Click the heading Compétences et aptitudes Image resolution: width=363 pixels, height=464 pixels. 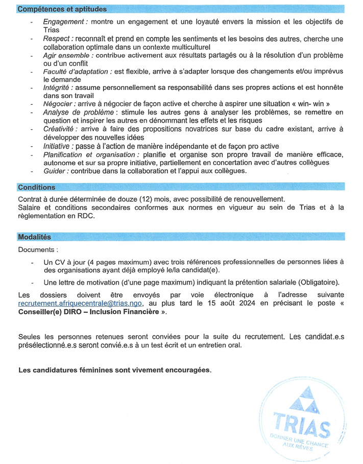click(62, 9)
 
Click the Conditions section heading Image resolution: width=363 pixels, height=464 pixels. click(36, 188)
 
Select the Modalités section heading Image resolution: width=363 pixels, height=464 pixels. click(34, 237)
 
